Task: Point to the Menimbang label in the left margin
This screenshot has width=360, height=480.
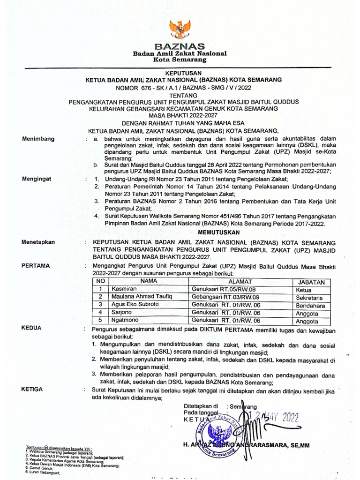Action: [38, 139]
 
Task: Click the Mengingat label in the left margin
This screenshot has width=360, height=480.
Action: [38, 179]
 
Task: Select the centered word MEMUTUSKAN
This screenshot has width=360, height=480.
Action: [219, 232]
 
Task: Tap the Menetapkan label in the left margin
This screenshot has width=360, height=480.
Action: [38, 242]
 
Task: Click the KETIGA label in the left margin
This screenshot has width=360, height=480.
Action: [32, 389]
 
